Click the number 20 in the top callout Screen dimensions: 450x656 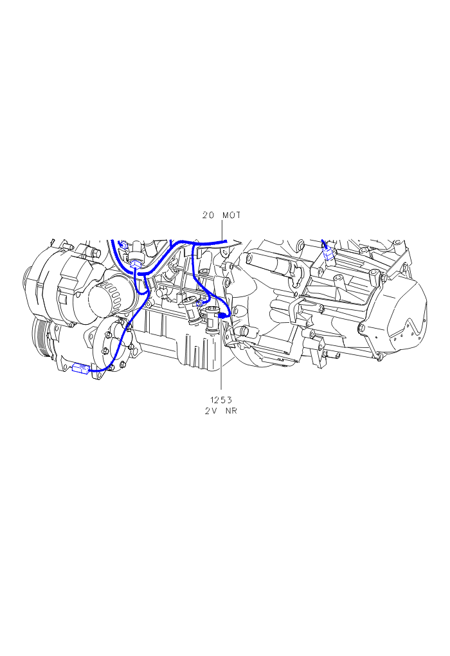208,215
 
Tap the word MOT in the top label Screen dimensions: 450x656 231,215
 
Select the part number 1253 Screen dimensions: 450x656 221,400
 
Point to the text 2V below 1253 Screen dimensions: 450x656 210,411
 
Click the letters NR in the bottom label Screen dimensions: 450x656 231,411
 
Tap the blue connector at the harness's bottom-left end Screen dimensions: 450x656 81,369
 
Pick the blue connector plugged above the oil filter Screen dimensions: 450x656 136,264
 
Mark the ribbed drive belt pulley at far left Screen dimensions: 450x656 40,340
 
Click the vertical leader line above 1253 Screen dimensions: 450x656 221,356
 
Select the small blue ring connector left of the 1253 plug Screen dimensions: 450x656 200,302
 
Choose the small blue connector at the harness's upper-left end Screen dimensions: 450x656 123,245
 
